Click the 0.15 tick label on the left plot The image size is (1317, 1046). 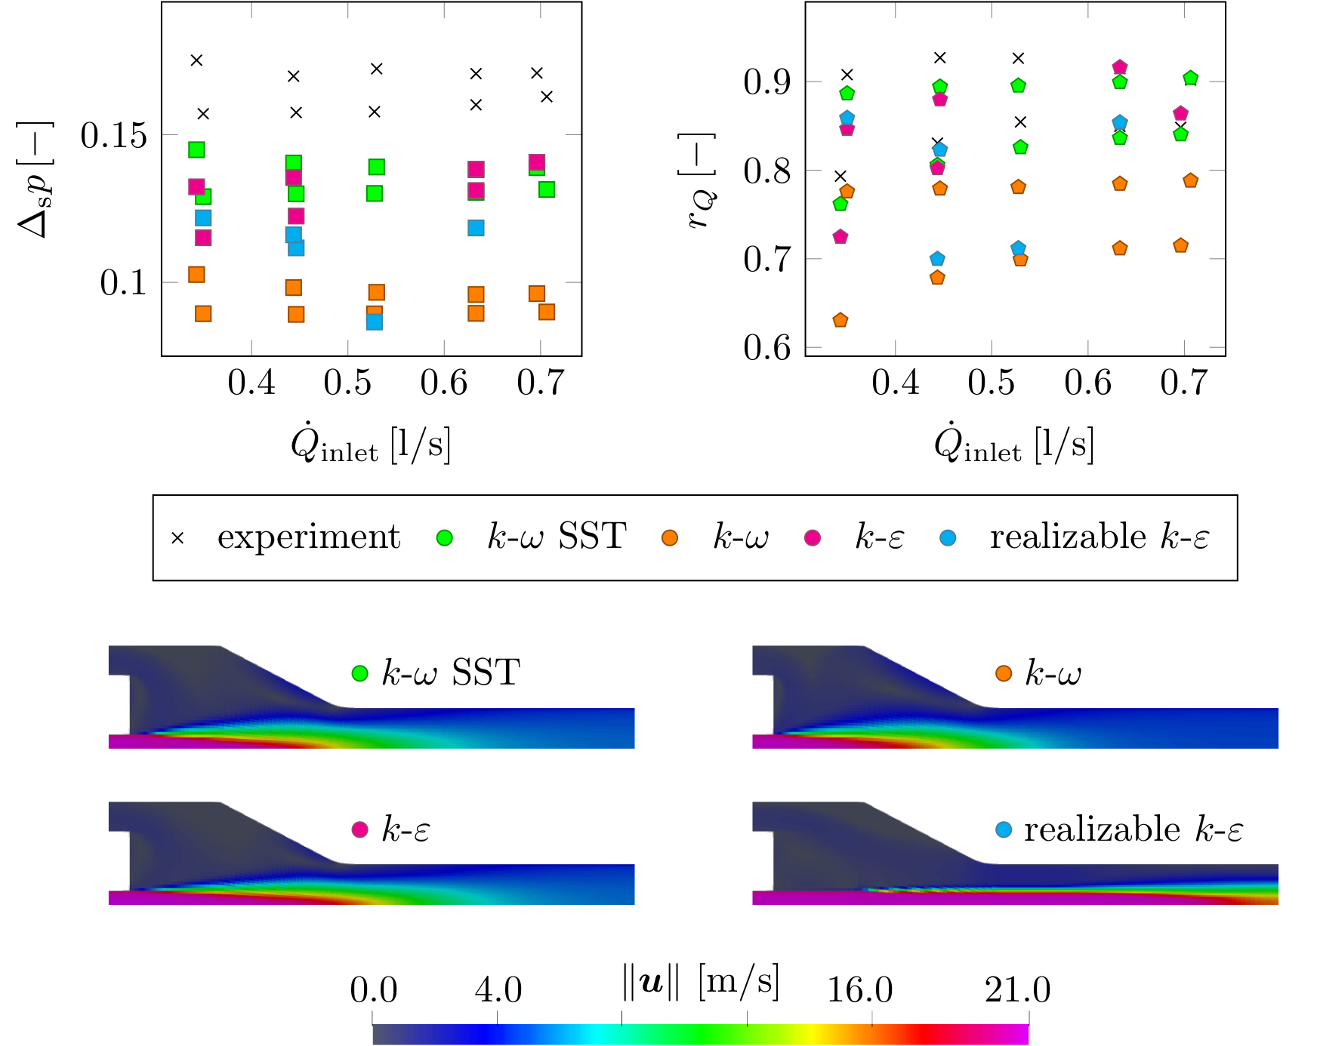(114, 137)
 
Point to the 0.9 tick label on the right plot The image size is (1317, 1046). (766, 82)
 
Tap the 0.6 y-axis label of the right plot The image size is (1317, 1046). (766, 348)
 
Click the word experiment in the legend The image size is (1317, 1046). (308, 537)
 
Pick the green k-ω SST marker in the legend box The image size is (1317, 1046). (445, 538)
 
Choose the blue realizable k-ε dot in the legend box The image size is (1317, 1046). (948, 538)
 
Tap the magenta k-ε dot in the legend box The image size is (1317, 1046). (813, 538)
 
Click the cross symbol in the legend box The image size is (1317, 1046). (177, 538)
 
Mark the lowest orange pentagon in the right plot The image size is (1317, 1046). (840, 320)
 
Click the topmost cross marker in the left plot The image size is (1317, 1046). (196, 60)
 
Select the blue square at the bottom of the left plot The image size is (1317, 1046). (375, 321)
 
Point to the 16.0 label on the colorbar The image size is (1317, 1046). (860, 989)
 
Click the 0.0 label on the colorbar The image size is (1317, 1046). (373, 989)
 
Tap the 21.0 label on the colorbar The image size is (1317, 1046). (1017, 989)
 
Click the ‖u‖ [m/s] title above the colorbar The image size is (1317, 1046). (700, 981)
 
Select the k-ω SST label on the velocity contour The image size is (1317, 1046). (450, 672)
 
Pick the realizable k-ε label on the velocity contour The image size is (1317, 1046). (1133, 829)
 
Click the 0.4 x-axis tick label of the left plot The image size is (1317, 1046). (251, 383)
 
